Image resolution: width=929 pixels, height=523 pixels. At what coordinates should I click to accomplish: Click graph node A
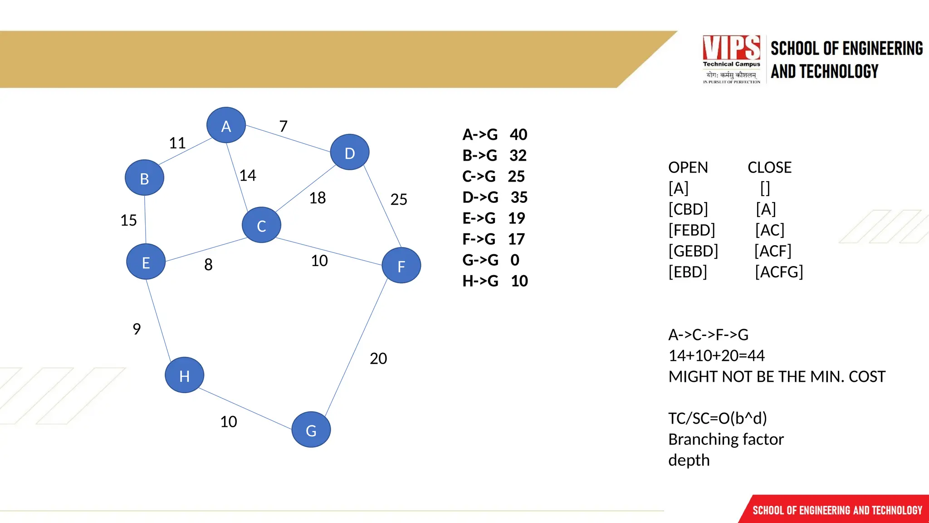point(226,125)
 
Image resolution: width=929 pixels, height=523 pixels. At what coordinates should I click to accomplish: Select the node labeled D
point(349,153)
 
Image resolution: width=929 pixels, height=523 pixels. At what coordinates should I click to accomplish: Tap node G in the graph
point(311,429)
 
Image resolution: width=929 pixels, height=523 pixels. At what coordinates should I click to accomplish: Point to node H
point(184,375)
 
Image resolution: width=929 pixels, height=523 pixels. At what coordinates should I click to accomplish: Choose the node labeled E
point(146,262)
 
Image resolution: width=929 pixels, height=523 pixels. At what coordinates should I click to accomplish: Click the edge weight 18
point(318,198)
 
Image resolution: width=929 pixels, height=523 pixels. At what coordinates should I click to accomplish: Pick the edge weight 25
point(399,199)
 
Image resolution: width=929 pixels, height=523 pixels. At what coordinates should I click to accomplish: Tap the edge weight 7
point(284,126)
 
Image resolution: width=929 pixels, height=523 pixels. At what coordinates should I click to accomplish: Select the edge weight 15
point(128,221)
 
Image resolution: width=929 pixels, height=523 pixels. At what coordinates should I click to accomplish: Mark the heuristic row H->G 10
point(495,281)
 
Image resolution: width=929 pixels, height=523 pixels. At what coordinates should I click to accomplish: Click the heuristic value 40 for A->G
point(518,135)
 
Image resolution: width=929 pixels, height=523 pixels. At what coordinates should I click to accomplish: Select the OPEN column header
point(688,168)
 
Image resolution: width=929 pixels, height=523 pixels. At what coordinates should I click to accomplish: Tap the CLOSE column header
point(769,168)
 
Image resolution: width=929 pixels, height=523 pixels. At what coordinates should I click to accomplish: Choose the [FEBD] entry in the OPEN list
point(691,230)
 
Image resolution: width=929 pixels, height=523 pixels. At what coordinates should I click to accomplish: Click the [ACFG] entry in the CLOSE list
point(779,272)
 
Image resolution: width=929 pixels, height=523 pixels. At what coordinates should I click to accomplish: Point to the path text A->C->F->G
point(708,335)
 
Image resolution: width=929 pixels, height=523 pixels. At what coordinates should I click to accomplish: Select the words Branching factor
point(726,439)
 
